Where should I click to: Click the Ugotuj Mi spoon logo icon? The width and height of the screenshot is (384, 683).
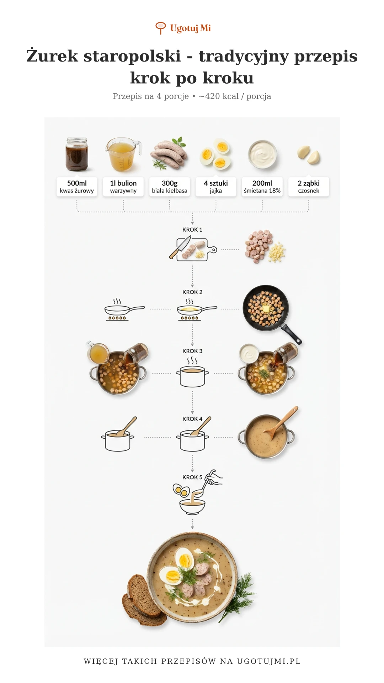[161, 28]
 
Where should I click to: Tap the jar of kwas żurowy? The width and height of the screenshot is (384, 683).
[76, 154]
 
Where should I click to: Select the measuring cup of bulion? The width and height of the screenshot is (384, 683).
[123, 154]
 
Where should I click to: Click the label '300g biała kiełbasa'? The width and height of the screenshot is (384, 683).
[170, 187]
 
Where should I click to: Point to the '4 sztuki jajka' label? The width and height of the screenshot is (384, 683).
[216, 187]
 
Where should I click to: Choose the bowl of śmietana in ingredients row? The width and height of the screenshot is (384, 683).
[262, 154]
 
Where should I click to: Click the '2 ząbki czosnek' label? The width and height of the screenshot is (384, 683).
[309, 187]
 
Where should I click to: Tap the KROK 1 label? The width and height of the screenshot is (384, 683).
[192, 230]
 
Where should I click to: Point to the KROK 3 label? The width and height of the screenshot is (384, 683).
[192, 351]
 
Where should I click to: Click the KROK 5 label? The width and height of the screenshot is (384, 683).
[192, 477]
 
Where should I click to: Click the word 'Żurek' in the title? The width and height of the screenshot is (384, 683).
[52, 56]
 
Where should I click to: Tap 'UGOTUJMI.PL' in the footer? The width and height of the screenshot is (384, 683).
[269, 661]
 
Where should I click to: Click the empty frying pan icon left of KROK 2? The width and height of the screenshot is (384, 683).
[124, 310]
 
